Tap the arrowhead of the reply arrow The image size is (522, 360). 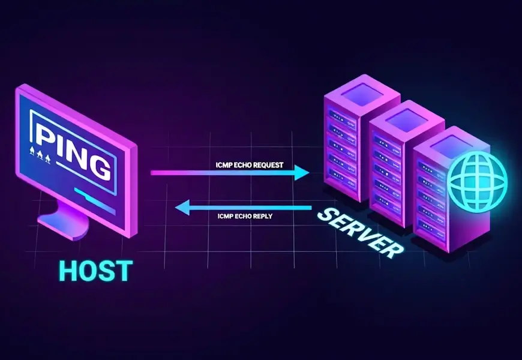click(x=182, y=208)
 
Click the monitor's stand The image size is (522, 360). click(x=67, y=220)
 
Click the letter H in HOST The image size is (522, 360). click(x=70, y=271)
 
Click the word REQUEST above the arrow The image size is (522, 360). click(x=265, y=164)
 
